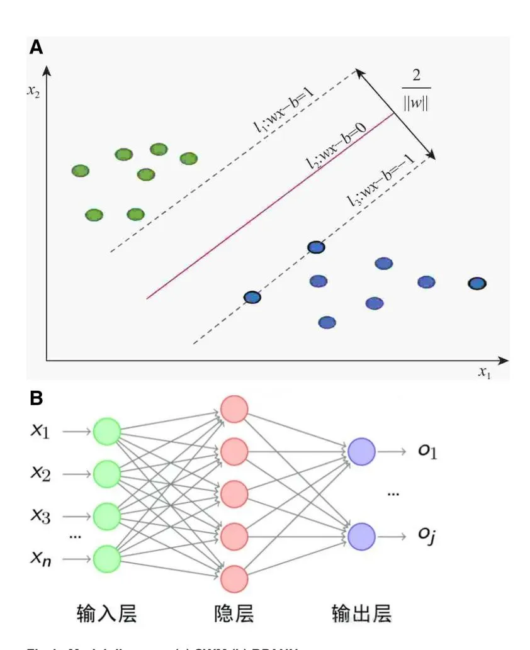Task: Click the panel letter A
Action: point(36,48)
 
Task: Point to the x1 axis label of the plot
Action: point(484,372)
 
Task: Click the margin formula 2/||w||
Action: point(416,90)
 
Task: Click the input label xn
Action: point(41,558)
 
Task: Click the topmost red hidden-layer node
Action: point(234,408)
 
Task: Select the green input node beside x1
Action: point(107,432)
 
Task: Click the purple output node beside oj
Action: point(362,536)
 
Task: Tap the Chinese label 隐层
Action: point(234,612)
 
